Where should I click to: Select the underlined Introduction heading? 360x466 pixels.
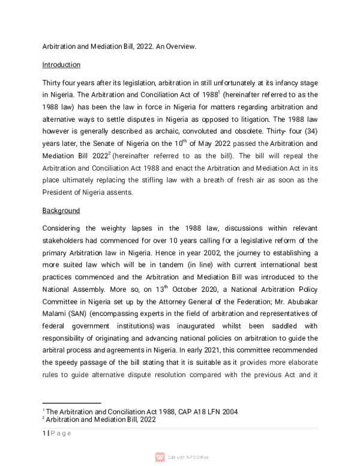(x=61, y=65)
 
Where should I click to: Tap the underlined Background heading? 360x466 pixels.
(x=61, y=211)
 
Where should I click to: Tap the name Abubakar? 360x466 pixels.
(x=299, y=304)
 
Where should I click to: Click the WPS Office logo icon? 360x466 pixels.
(x=160, y=457)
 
